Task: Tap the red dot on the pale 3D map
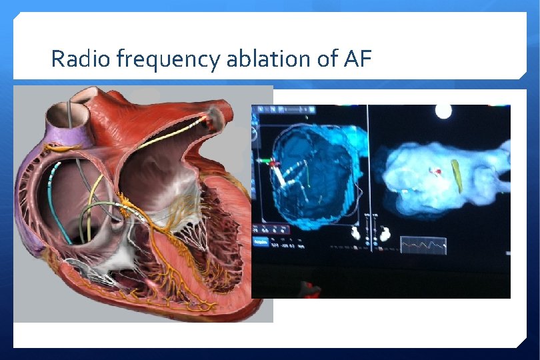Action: pos(439,171)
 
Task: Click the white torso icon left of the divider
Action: pos(355,233)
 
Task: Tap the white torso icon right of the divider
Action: pos(385,233)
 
